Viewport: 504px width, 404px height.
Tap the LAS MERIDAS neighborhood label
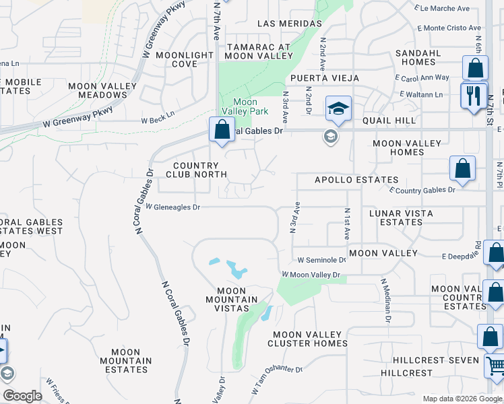click(290, 24)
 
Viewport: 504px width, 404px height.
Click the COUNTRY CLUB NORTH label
click(195, 170)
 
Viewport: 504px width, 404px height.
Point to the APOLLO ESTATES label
click(356, 180)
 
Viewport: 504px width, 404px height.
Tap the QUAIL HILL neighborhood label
click(389, 121)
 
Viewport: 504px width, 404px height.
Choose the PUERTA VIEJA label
click(325, 78)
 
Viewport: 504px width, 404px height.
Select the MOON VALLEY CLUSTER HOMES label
click(310, 339)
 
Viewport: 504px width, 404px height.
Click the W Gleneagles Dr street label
click(173, 207)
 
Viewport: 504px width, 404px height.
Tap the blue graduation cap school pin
click(338, 108)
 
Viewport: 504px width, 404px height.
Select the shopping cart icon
click(495, 367)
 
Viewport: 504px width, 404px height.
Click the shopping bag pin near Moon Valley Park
click(221, 129)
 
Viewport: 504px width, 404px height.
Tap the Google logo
click(22, 396)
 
